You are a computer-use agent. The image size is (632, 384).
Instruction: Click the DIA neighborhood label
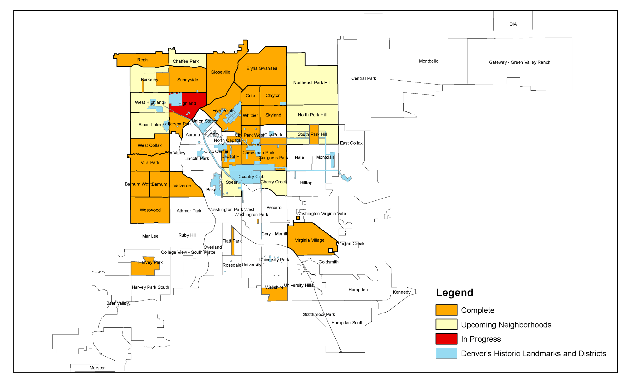[513, 24]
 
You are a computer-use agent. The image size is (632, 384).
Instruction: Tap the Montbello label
[428, 61]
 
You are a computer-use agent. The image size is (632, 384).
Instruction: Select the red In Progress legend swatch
[446, 339]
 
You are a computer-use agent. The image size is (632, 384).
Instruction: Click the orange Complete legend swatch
[446, 310]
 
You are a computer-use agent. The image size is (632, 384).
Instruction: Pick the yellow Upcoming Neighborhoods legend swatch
[446, 324]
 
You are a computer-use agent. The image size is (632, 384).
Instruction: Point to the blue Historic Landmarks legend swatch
[446, 353]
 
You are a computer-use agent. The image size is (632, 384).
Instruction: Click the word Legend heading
[454, 293]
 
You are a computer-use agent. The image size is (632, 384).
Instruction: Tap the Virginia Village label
[309, 240]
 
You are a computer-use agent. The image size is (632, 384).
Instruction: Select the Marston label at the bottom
[97, 368]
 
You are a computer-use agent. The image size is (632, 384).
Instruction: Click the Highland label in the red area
[187, 103]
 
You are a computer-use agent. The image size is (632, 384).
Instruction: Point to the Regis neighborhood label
[143, 60]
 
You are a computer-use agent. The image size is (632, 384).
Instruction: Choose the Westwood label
[150, 210]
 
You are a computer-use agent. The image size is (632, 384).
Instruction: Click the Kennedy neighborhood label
[401, 292]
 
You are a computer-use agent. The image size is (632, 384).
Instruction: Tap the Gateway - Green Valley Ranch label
[519, 62]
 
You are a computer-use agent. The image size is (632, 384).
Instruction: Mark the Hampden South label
[347, 323]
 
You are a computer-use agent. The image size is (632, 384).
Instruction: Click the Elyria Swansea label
[262, 68]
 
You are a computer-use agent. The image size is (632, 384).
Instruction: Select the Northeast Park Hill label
[311, 82]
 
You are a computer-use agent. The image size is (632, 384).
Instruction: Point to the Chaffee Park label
[185, 61]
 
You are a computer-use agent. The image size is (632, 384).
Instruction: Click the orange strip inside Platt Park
[232, 240]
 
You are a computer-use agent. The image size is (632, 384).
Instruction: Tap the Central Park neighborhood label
[363, 78]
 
